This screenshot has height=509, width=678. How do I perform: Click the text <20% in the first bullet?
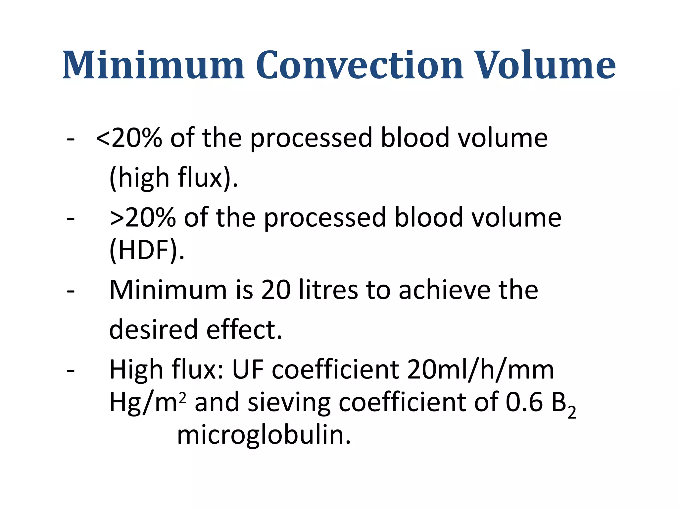(129, 138)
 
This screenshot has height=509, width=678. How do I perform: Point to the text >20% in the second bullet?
(143, 217)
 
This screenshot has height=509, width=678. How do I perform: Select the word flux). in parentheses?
(208, 178)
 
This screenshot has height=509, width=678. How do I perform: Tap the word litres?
(328, 290)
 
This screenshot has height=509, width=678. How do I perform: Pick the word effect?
(244, 329)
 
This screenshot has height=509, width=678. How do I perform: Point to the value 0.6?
(524, 402)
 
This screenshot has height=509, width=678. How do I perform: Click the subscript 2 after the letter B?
(572, 413)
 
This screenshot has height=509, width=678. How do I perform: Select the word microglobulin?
(264, 435)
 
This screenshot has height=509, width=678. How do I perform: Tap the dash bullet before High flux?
(71, 370)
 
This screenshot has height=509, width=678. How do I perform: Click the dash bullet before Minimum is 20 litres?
(71, 291)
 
